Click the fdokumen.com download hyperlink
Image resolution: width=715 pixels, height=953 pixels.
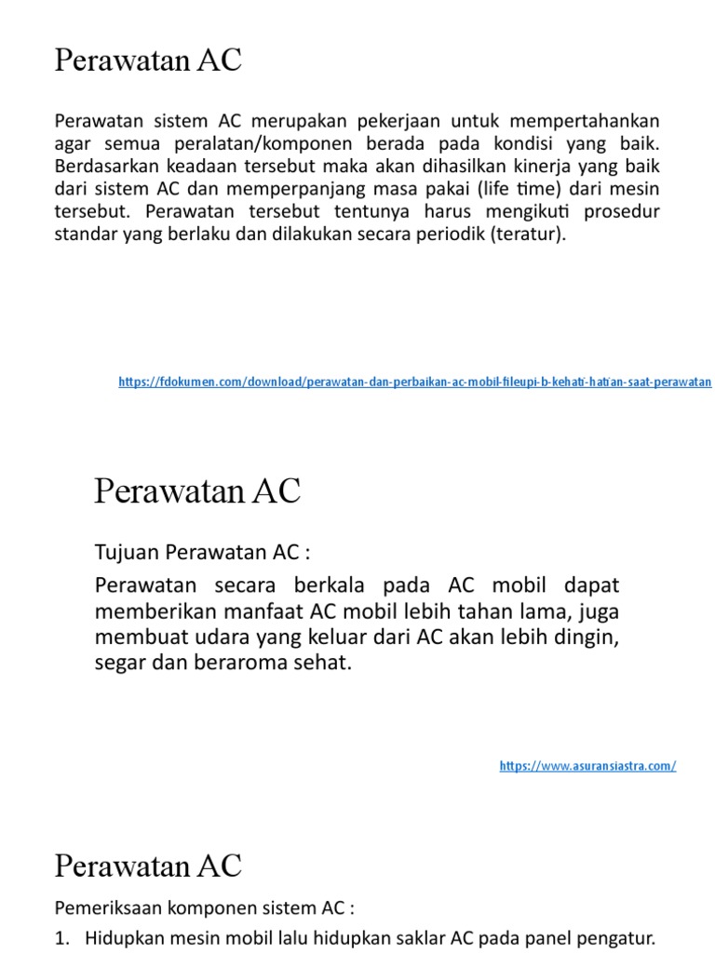(414, 382)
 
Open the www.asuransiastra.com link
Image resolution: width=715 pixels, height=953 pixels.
(587, 766)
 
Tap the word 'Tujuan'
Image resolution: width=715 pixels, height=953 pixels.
(128, 553)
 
